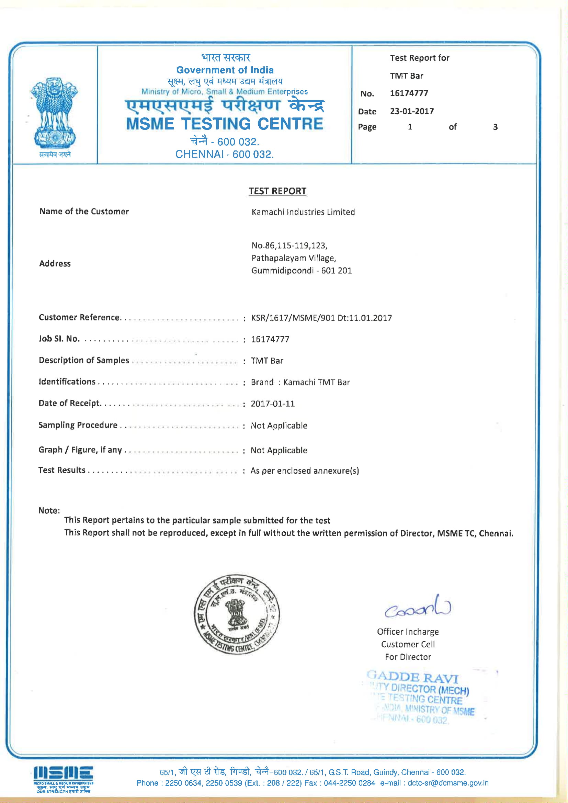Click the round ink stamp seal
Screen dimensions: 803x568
[237, 614]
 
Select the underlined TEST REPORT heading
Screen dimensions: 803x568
[277, 191]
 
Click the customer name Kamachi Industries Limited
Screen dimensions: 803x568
[303, 212]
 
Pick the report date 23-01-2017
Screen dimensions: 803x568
[412, 111]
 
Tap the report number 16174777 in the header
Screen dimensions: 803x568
[409, 93]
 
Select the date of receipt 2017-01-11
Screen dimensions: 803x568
[272, 404]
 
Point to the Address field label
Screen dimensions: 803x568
[55, 264]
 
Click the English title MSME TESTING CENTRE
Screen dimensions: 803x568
[225, 124]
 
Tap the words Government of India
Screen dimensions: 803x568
[225, 70]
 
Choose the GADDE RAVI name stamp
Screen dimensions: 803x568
[413, 677]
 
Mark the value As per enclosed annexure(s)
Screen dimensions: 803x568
[304, 471]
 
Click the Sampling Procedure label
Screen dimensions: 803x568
[78, 425]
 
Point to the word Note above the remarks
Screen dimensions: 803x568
[49, 511]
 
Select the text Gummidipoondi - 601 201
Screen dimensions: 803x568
[301, 271]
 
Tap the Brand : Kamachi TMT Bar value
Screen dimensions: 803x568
[300, 382]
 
